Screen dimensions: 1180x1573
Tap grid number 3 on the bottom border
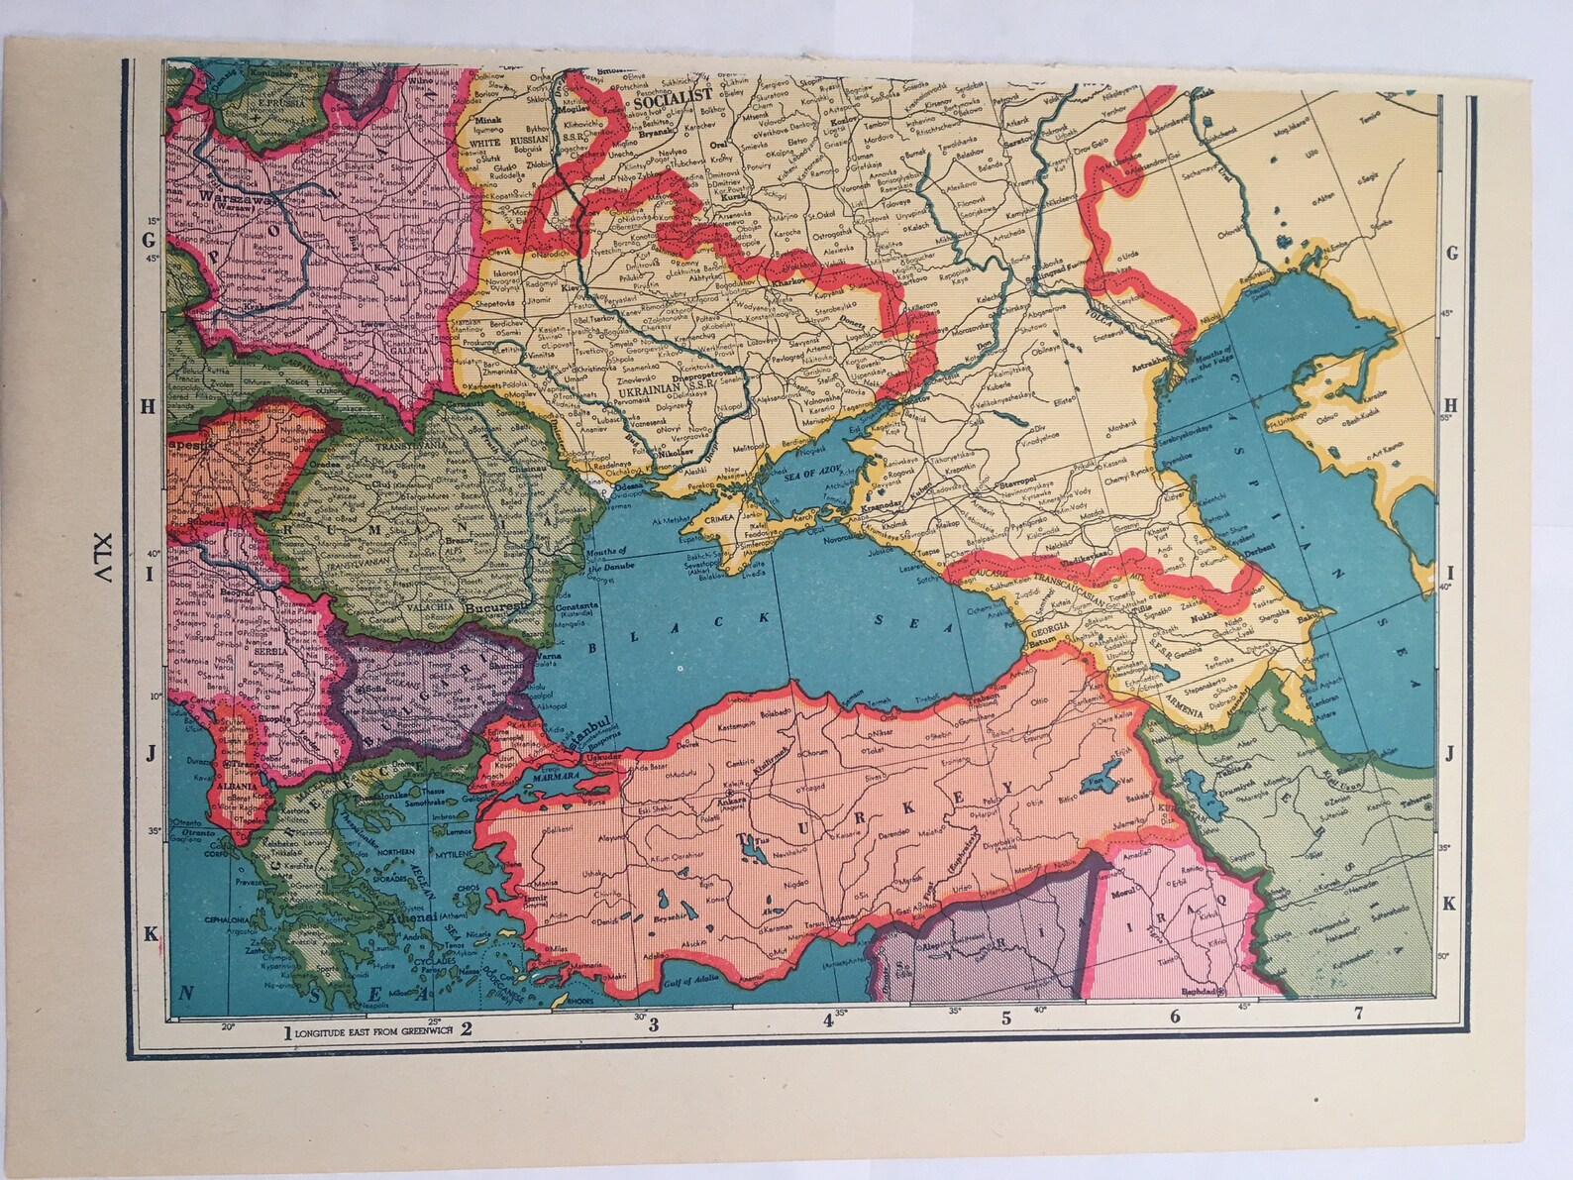click(x=654, y=1024)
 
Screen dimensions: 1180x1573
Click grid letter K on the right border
click(x=1448, y=903)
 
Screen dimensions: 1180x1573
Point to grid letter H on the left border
click(x=150, y=404)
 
